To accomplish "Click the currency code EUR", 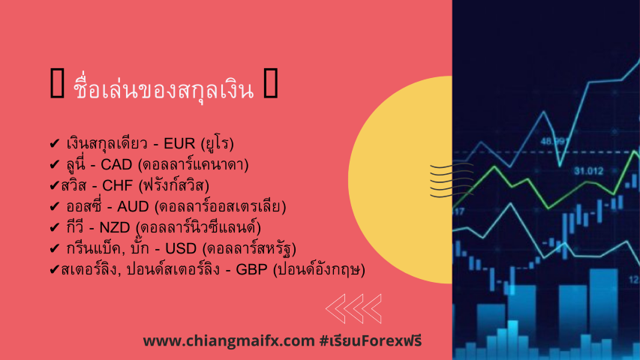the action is click(x=179, y=144).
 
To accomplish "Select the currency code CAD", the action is click(x=116, y=164).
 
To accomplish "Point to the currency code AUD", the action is click(x=133, y=206).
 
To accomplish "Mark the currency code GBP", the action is click(x=252, y=269).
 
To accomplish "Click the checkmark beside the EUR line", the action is click(x=54, y=144).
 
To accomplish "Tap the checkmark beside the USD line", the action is click(x=54, y=248).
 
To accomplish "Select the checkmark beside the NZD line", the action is click(x=54, y=227).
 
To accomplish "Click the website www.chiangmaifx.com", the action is click(x=229, y=340).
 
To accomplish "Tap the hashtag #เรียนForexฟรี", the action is click(x=371, y=340).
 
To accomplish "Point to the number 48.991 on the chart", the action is click(x=554, y=142).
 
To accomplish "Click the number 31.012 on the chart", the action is click(x=588, y=171).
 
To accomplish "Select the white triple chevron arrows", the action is click(x=353, y=309).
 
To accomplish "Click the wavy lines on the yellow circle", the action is click(x=452, y=180).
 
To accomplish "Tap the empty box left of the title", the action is click(x=57, y=83).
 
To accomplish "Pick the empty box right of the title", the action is click(x=271, y=83).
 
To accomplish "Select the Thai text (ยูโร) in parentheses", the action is click(x=217, y=144).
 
